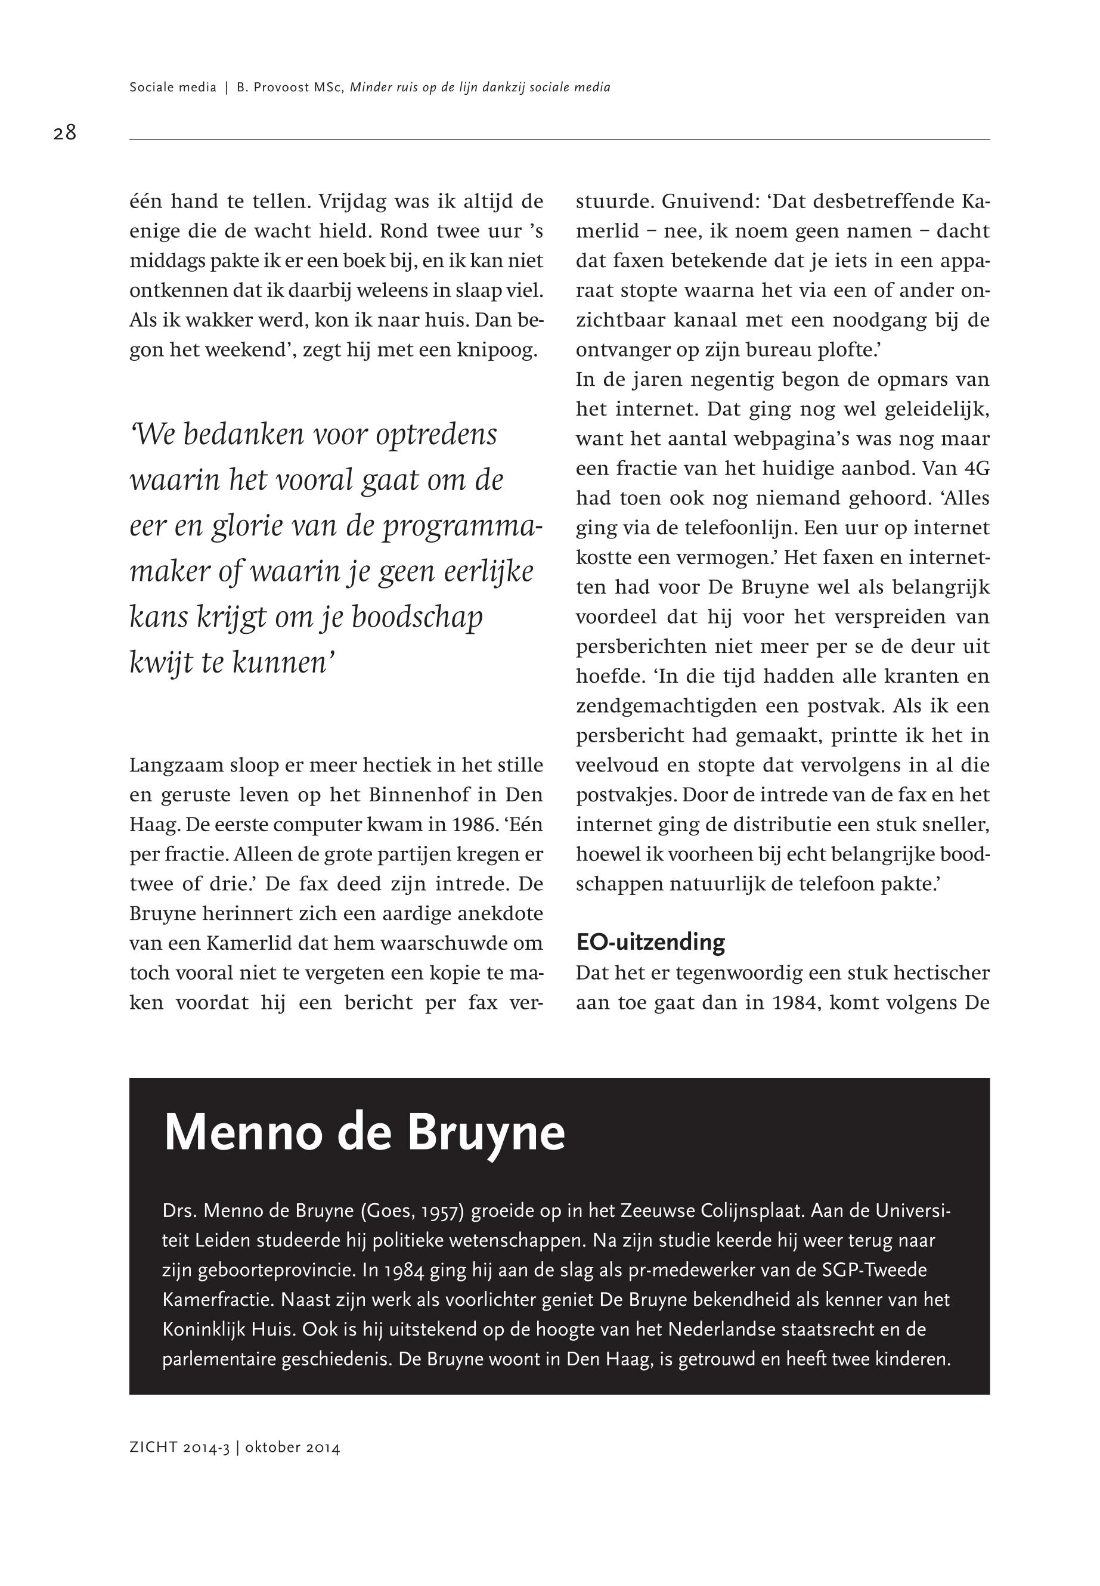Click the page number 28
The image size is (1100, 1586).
coord(65,132)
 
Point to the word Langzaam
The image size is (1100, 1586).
coord(176,766)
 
